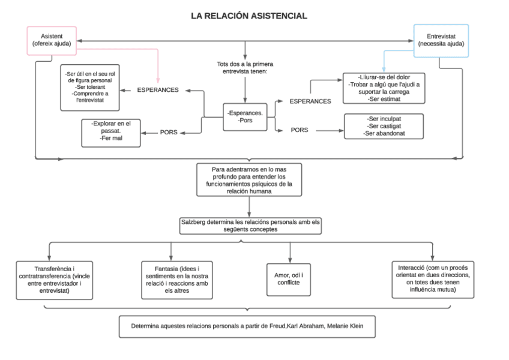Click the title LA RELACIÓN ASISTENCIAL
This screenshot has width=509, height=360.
coord(248,16)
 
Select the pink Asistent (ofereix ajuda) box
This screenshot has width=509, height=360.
coord(51,41)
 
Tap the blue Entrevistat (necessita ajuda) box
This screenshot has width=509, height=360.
coord(441,41)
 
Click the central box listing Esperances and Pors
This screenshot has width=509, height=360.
coord(244,116)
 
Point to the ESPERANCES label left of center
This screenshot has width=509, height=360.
coord(157,90)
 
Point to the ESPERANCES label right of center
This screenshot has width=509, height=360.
coord(310,101)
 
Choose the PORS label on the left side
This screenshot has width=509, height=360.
coord(168,132)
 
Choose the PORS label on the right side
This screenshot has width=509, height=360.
coord(300,130)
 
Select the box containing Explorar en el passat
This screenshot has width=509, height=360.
coord(111,133)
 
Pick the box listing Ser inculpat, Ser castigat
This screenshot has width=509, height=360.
coord(384,127)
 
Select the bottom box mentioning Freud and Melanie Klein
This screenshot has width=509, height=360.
coord(247,327)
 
